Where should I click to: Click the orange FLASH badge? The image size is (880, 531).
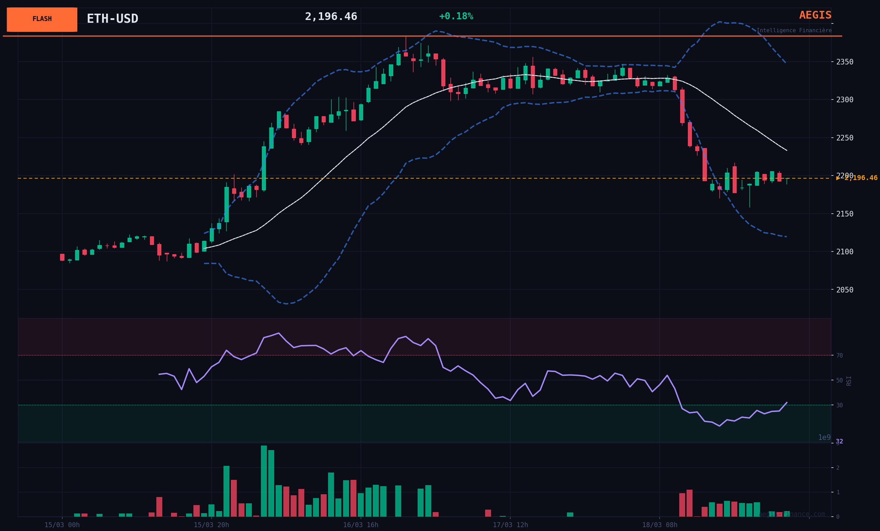coord(42,19)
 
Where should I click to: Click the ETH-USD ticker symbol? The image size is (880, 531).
coord(113,19)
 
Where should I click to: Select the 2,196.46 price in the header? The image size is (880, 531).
coord(331,17)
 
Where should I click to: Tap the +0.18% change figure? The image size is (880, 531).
coord(456,16)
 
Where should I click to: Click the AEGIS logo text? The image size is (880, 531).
coord(815,15)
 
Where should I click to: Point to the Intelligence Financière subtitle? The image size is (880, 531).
coord(794,31)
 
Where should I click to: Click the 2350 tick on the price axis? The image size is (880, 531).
coord(845,62)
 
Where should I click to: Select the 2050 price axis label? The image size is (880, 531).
coord(845,290)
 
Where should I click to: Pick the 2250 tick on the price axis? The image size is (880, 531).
coord(845,138)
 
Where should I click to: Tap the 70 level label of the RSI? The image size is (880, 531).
coord(839,356)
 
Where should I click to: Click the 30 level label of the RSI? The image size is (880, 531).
coord(839,405)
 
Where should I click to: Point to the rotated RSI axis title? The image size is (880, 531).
coord(849,381)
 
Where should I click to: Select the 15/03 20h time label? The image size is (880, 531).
coord(211,525)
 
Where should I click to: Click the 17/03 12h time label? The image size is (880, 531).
coord(510,525)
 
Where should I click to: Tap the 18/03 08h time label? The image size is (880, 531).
coord(659,525)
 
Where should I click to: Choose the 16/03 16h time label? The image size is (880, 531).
coord(360,525)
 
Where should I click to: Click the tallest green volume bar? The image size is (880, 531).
coord(264,481)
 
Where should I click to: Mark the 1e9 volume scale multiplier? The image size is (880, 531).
coord(824,437)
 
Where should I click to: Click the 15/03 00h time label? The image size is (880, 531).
coord(62,525)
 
